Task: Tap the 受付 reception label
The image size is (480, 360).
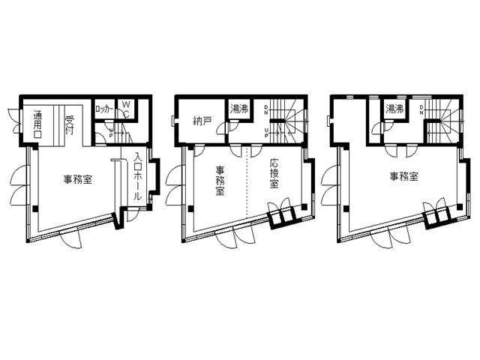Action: coord(69,124)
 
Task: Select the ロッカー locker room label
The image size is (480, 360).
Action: coord(104,109)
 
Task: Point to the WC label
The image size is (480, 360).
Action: coord(126,109)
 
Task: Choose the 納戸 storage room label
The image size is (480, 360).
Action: coord(201,120)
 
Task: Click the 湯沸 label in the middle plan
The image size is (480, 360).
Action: coord(238,109)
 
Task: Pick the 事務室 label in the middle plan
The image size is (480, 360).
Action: coord(220,180)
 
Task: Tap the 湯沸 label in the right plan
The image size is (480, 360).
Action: coord(394,109)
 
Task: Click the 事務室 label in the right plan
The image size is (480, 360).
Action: coord(403,177)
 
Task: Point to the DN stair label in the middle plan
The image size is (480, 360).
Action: coord(268,110)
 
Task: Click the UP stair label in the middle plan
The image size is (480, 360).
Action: coord(268,133)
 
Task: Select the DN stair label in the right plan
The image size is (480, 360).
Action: coord(423,110)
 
